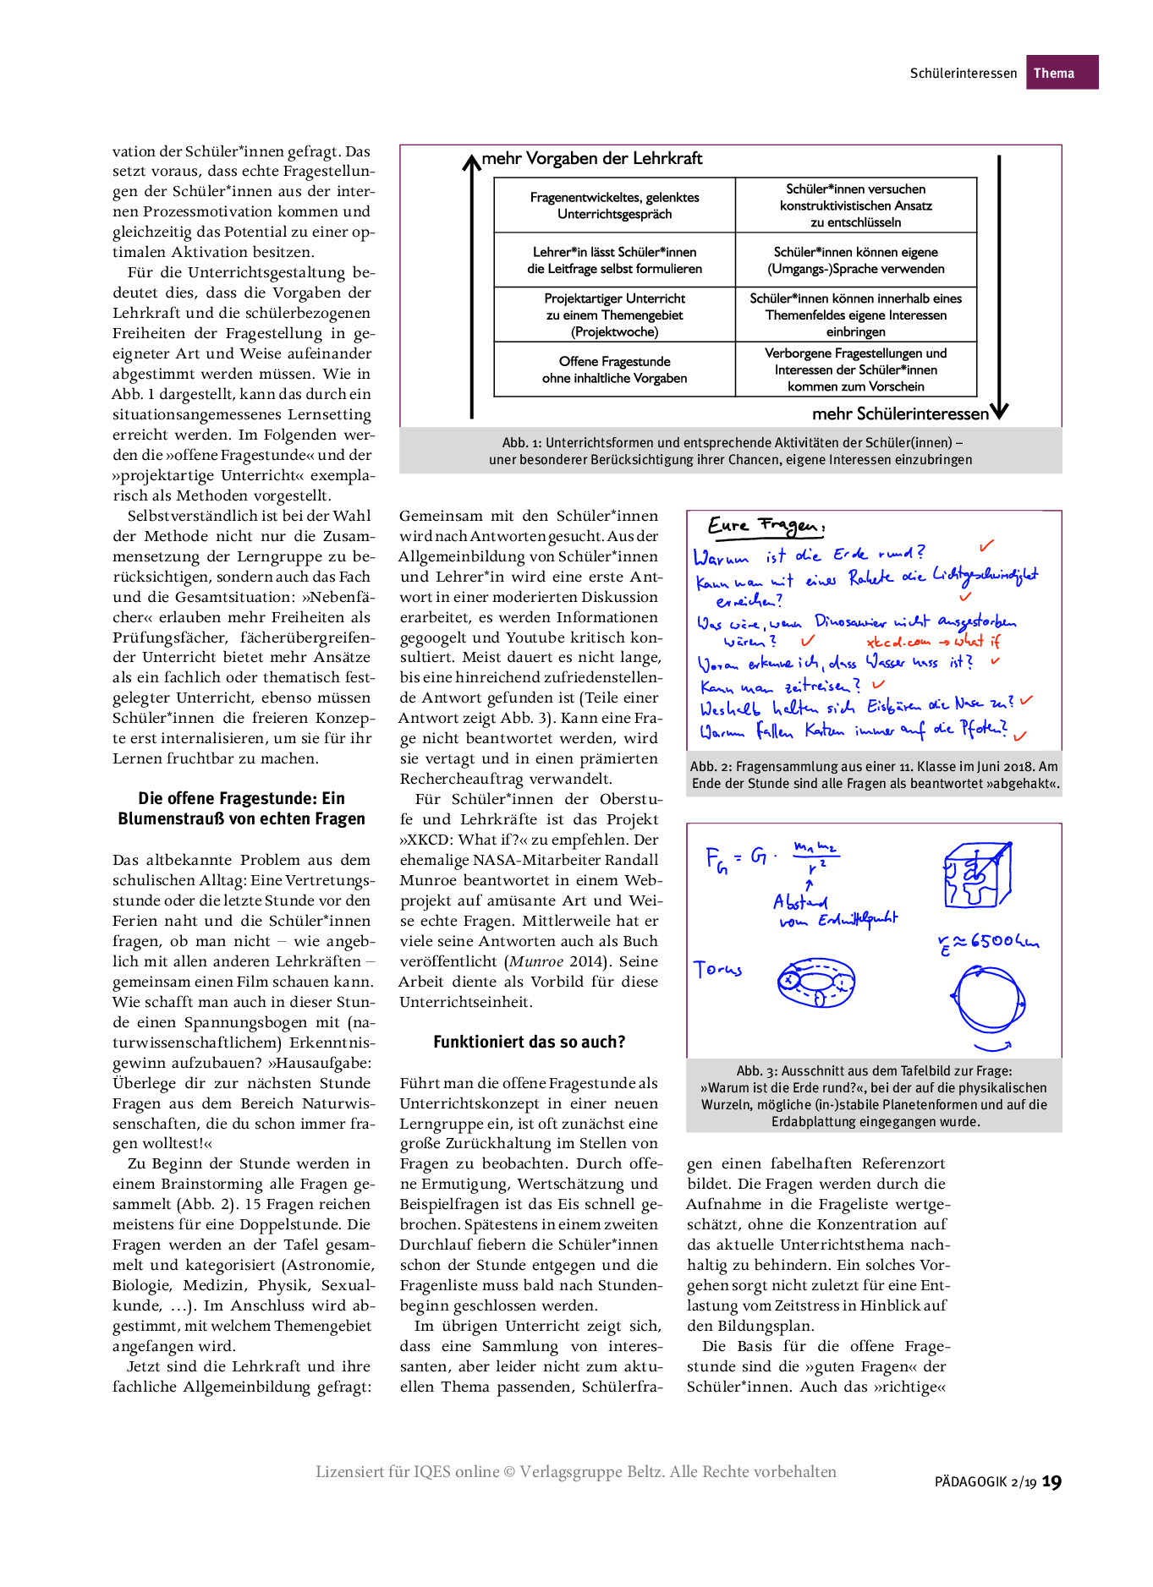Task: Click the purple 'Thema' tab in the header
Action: coord(1061,73)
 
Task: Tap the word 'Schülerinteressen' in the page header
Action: coord(963,74)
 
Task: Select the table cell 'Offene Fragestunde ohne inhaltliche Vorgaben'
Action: coord(614,369)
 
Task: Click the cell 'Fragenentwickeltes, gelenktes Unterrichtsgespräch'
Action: coord(614,205)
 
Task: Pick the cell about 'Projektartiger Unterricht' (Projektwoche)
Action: coord(614,315)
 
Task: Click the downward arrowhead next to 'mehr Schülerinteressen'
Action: coord(999,411)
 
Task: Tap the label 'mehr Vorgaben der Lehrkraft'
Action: coord(592,159)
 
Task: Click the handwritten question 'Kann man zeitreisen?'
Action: coord(779,686)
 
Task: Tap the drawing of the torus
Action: coord(816,982)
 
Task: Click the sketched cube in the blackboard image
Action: coord(976,874)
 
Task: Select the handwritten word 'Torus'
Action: coord(717,969)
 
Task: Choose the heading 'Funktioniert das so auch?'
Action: coord(530,1042)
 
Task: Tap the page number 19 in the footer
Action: coord(1051,1481)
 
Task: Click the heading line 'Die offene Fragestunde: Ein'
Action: coord(241,798)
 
